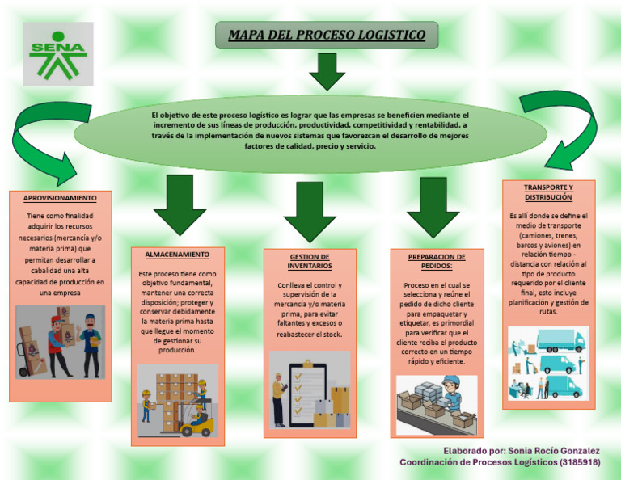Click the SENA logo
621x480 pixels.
57,53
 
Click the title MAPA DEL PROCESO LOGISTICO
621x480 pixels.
327,36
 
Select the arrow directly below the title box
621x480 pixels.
327,72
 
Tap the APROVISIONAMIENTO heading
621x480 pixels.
60,198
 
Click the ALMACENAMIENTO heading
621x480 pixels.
177,255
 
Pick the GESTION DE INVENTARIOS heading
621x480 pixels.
310,261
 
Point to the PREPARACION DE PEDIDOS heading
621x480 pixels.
437,261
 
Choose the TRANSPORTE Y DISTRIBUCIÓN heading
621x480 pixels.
548,192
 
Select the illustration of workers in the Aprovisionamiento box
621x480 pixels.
60,342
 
